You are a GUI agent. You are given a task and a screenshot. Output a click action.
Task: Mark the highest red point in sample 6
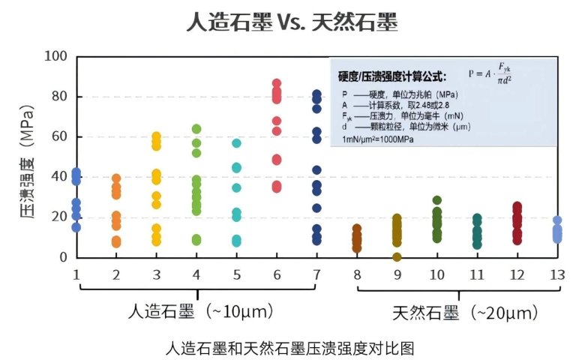[276, 83]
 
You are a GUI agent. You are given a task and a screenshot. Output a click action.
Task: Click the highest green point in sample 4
[196, 129]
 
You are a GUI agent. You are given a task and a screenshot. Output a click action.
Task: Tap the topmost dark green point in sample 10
[437, 200]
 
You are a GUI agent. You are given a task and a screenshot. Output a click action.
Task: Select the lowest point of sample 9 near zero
[397, 256]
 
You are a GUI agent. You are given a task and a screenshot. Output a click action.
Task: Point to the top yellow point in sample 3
[156, 136]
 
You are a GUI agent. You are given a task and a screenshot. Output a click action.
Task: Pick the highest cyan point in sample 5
[236, 143]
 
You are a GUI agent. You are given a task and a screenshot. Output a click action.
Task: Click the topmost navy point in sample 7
[316, 94]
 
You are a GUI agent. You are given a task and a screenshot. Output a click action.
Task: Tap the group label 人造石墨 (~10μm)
[199, 310]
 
